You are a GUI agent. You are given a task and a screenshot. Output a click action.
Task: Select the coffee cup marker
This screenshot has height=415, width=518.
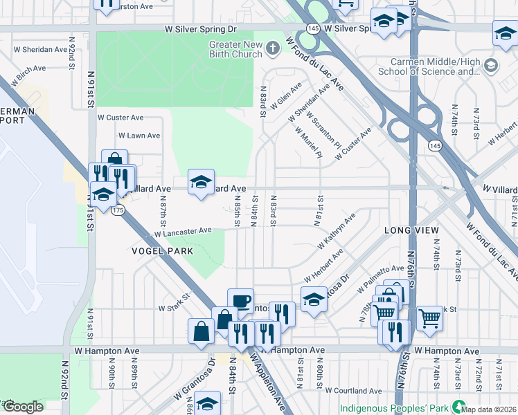click(240, 301)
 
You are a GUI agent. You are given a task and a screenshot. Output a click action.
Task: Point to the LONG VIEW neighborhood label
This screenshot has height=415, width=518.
click(412, 229)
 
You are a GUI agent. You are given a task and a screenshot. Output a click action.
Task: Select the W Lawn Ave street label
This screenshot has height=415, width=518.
click(139, 136)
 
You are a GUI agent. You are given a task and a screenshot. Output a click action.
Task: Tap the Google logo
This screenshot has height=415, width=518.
click(24, 406)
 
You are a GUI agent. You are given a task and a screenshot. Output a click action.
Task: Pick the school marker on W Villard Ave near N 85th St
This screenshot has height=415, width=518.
click(202, 182)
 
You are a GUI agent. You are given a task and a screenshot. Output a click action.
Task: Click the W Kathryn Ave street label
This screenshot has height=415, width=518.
click(337, 231)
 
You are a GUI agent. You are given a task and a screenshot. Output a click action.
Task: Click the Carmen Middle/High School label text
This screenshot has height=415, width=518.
click(429, 66)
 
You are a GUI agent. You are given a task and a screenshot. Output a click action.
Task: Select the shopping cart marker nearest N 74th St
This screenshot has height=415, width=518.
click(429, 317)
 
